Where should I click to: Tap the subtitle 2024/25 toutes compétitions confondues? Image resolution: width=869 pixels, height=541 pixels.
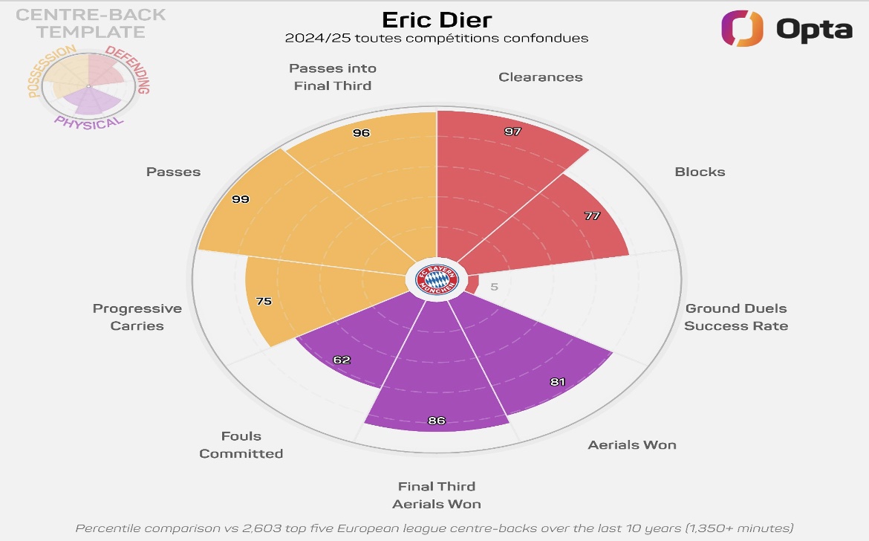point(437,38)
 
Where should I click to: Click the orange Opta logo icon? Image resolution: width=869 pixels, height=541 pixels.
point(742,28)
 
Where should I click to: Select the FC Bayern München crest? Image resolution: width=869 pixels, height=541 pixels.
point(437,281)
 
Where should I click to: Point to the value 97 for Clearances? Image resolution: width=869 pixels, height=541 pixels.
point(512,132)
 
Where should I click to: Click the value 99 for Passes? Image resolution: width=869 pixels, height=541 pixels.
point(240,199)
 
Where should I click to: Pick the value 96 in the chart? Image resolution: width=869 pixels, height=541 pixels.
point(361,133)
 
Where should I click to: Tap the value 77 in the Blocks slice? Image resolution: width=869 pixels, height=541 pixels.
point(592,216)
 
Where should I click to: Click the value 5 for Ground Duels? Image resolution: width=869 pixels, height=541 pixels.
point(495,287)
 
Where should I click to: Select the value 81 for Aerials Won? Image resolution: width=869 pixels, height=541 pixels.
point(558,382)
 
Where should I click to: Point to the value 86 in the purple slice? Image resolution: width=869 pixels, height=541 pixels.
point(437,421)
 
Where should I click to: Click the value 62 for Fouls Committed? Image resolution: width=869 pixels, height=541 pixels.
point(342,360)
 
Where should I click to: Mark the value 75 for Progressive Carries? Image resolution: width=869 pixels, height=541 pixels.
point(264,302)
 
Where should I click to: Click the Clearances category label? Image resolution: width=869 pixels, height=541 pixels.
point(541,77)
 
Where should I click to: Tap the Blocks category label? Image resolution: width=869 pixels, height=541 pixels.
point(700,172)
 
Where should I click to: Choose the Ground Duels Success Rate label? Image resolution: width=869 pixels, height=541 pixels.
point(735,317)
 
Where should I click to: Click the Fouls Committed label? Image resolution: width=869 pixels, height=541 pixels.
point(241,444)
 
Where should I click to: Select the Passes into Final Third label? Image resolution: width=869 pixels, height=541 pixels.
point(333,77)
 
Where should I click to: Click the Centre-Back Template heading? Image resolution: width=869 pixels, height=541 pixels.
point(91,23)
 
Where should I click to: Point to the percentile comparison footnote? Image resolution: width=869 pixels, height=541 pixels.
point(434,528)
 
